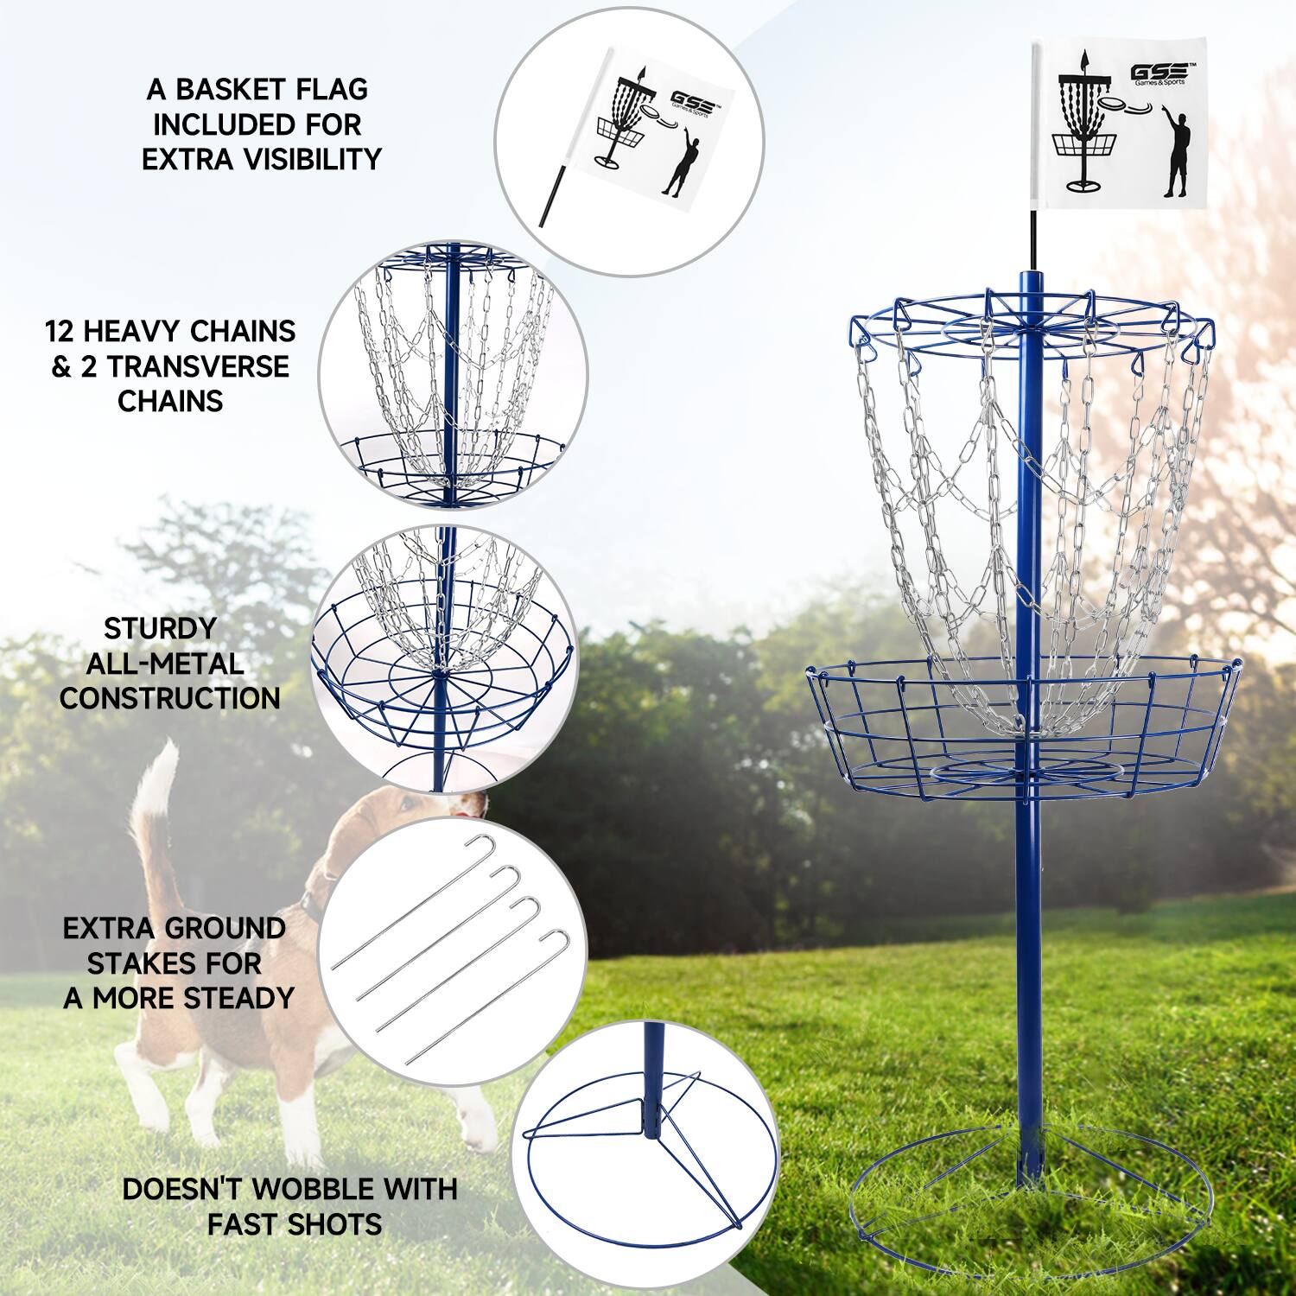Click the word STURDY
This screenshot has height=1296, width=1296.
[x=160, y=628]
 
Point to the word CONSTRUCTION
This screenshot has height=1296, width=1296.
[x=169, y=698]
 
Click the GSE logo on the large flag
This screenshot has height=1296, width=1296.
[x=1159, y=72]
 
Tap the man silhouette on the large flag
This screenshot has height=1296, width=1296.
[x=1176, y=156]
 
